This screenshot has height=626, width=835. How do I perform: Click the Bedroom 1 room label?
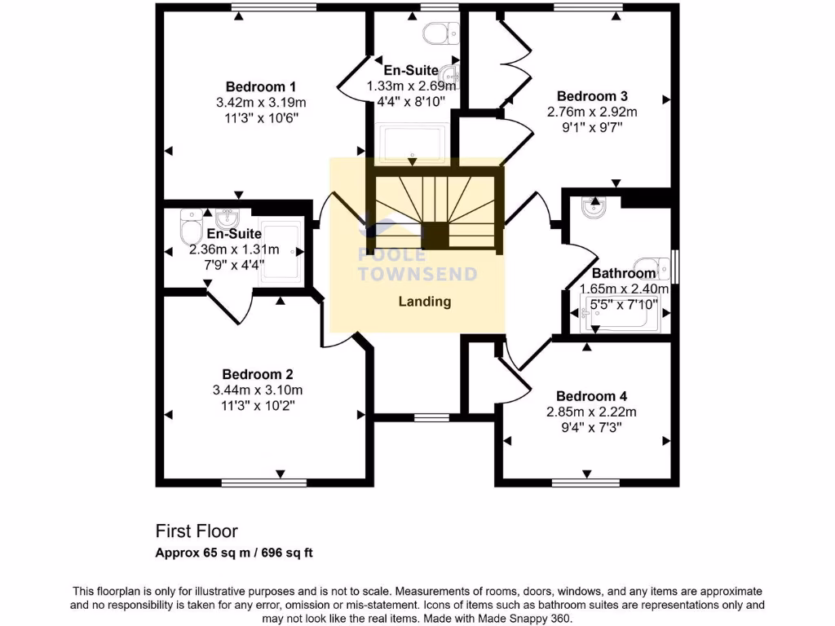click(x=260, y=86)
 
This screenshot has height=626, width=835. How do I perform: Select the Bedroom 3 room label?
click(x=591, y=96)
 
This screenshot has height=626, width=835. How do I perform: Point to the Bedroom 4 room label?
click(x=591, y=396)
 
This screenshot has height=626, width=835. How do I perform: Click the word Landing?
click(x=424, y=302)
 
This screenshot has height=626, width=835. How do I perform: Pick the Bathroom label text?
click(x=624, y=273)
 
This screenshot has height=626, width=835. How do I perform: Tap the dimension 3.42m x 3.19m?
click(x=260, y=103)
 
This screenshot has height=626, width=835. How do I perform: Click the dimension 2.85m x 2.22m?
click(x=591, y=412)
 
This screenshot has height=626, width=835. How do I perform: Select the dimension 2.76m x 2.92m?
click(x=591, y=112)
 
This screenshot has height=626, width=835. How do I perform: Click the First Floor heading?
click(x=197, y=531)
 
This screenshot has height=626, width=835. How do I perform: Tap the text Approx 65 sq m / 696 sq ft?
click(x=234, y=553)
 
